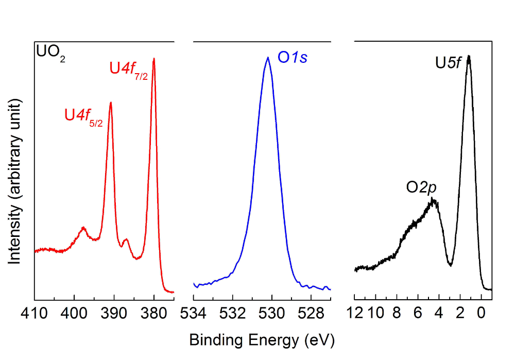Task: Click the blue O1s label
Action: pyautogui.click(x=293, y=58)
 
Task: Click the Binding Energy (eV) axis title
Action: pyautogui.click(x=262, y=340)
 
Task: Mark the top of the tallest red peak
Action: pyautogui.click(x=154, y=59)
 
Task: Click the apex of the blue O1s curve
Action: pyautogui.click(x=268, y=57)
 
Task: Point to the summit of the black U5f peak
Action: pyautogui.click(x=469, y=56)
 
